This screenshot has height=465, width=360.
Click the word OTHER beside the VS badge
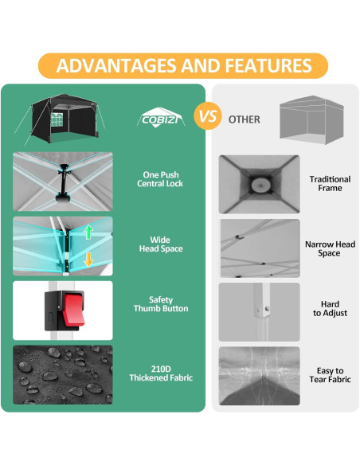244,119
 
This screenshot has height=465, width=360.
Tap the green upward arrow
89,232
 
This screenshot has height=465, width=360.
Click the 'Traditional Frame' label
330,184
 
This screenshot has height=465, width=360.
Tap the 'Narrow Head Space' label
330,248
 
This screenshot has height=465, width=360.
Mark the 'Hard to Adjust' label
330,310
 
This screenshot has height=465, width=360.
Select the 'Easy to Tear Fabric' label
330,375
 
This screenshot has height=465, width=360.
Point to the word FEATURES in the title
268,65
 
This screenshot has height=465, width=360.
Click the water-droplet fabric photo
63,373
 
